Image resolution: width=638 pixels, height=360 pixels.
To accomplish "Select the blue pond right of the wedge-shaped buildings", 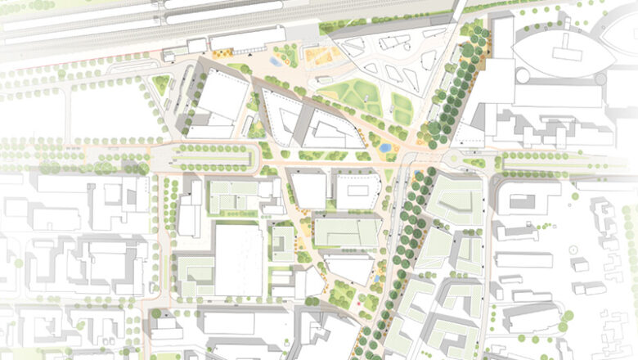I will tap(384, 149).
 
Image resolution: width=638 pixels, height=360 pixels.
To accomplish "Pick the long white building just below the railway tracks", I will tap(246, 39).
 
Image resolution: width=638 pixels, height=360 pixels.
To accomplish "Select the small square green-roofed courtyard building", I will tap(282, 244).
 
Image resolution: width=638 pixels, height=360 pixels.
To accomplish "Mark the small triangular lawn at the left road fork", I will tap(161, 83).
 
